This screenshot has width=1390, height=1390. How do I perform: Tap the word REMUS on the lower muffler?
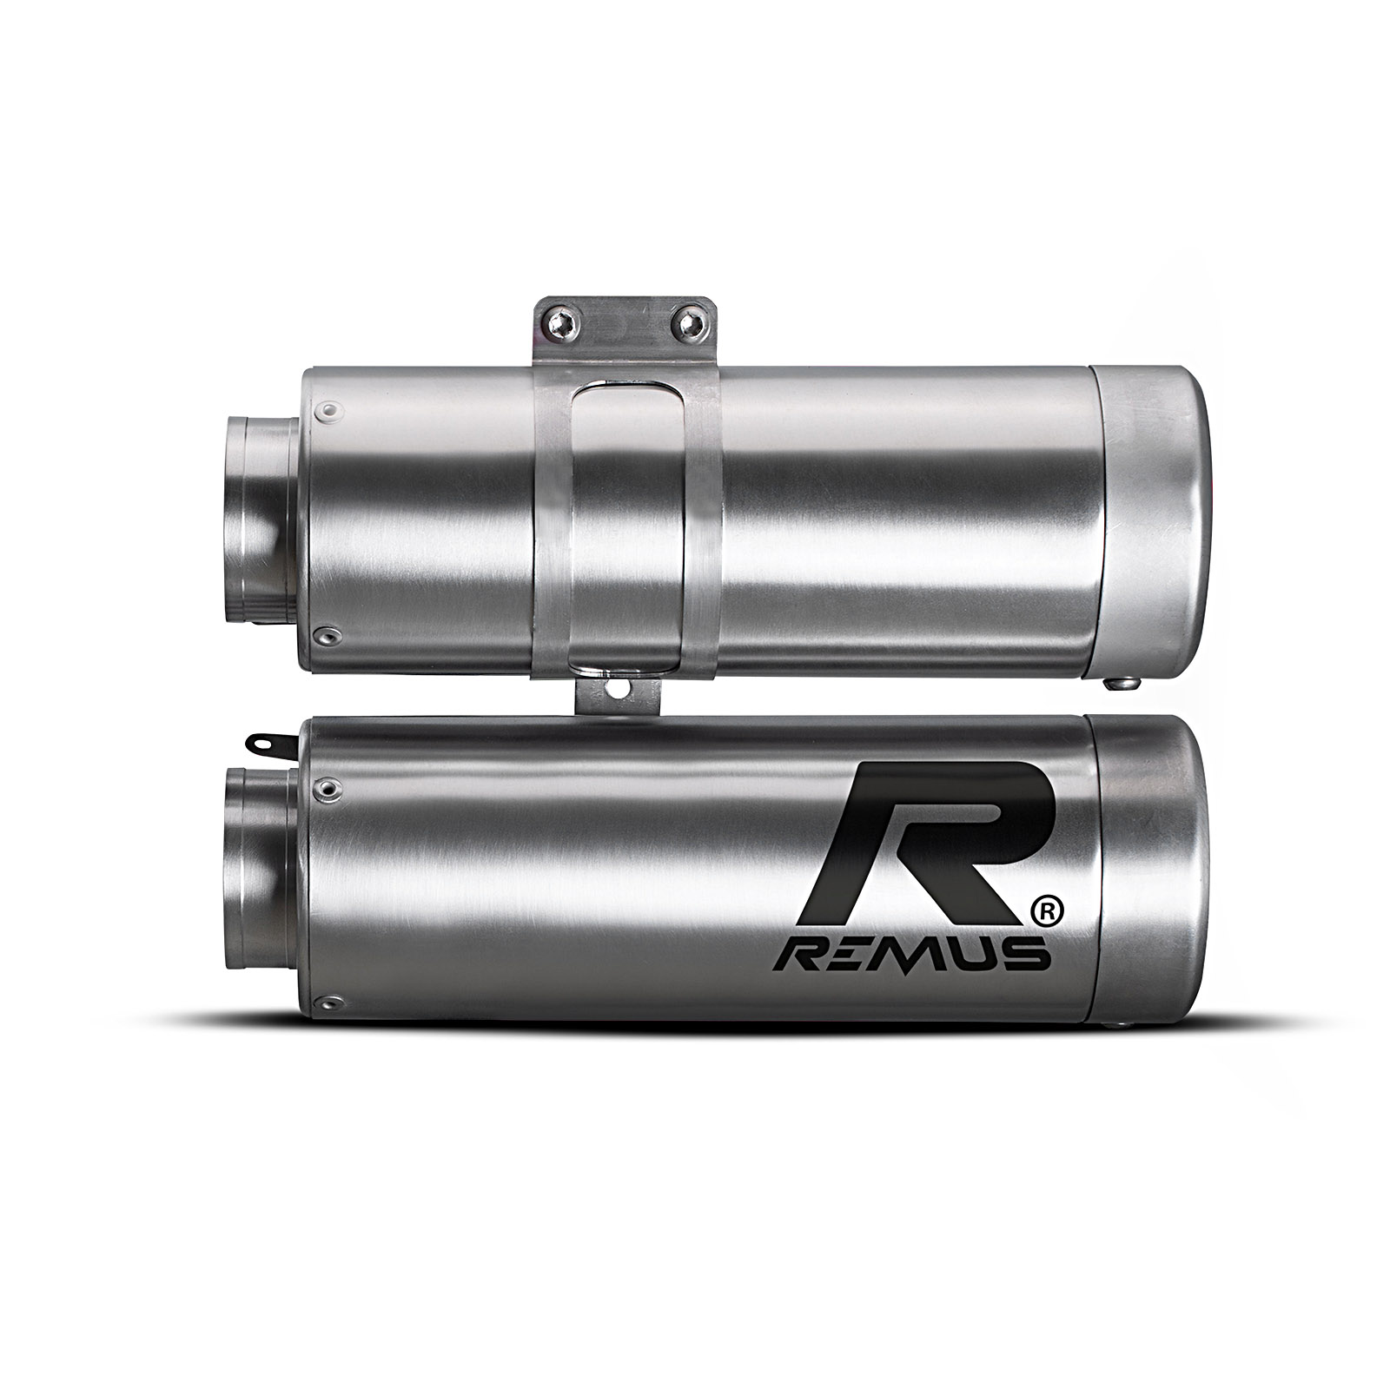pos(911,956)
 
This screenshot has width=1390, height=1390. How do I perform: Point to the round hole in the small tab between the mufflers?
pos(619,689)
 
